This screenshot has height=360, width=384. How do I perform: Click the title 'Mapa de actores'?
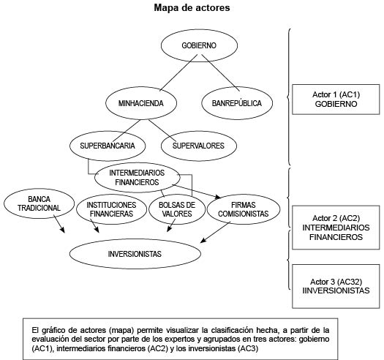tap(192, 8)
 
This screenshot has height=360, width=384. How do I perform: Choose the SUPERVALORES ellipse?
tap(198, 145)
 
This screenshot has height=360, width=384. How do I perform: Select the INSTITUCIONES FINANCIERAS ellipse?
tap(110, 209)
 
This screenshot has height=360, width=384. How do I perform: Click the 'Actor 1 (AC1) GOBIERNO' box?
tap(335, 100)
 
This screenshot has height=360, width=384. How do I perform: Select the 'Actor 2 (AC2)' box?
tap(335, 227)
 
